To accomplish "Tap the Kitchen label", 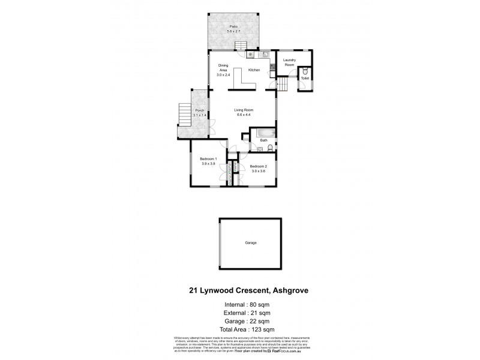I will pyautogui.click(x=254, y=70).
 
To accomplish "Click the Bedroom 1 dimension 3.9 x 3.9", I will pyautogui.click(x=208, y=163).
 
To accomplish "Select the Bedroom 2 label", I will pyautogui.click(x=258, y=166).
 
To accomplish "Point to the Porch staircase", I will pyautogui.click(x=184, y=114).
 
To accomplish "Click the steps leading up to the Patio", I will pyautogui.click(x=241, y=46).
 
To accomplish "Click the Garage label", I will pyautogui.click(x=251, y=243).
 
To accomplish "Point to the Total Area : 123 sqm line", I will pyautogui.click(x=241, y=329).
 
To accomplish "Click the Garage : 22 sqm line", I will pyautogui.click(x=241, y=321).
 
